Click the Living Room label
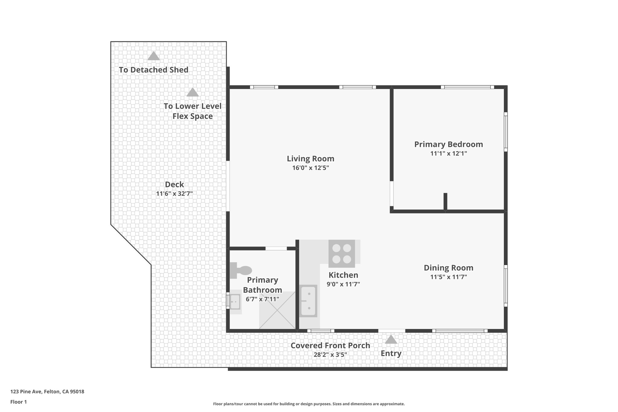(310, 158)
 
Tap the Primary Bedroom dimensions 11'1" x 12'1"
(448, 153)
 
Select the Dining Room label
(448, 268)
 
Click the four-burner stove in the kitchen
(342, 254)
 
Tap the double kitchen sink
(308, 301)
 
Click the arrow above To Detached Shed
(154, 56)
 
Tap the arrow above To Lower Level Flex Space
(193, 92)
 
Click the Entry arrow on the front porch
(391, 340)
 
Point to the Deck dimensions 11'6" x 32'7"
(174, 194)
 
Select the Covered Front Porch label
(330, 345)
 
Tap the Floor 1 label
(19, 402)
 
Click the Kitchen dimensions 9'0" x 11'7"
(343, 284)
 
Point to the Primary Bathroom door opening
(276, 248)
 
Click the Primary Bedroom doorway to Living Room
(392, 193)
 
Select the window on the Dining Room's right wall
(506, 286)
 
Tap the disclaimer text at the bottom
(309, 404)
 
